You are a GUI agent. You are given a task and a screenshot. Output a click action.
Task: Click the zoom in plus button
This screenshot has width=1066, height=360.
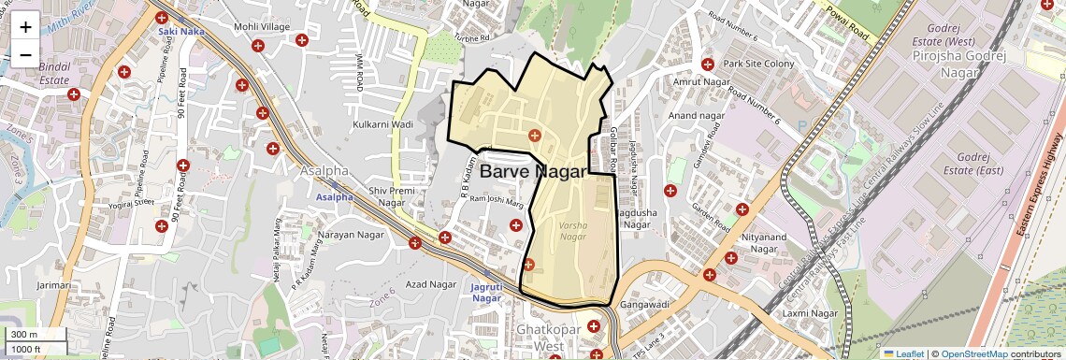25,27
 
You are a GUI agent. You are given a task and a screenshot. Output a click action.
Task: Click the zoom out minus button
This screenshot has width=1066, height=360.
25,54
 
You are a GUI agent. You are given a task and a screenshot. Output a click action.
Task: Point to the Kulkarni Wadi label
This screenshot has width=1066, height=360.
382,123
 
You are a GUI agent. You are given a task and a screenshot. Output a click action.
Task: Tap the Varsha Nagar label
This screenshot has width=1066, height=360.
572,231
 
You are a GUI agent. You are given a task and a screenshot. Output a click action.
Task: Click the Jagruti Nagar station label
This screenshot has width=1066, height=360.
486,292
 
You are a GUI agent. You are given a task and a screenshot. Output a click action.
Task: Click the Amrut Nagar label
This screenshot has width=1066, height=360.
699,82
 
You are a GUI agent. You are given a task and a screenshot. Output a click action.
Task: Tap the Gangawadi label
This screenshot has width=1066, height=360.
646,305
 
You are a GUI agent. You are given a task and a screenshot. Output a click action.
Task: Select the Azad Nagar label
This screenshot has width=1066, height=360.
430,283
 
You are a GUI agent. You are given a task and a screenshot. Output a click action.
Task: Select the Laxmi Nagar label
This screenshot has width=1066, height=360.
810,312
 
